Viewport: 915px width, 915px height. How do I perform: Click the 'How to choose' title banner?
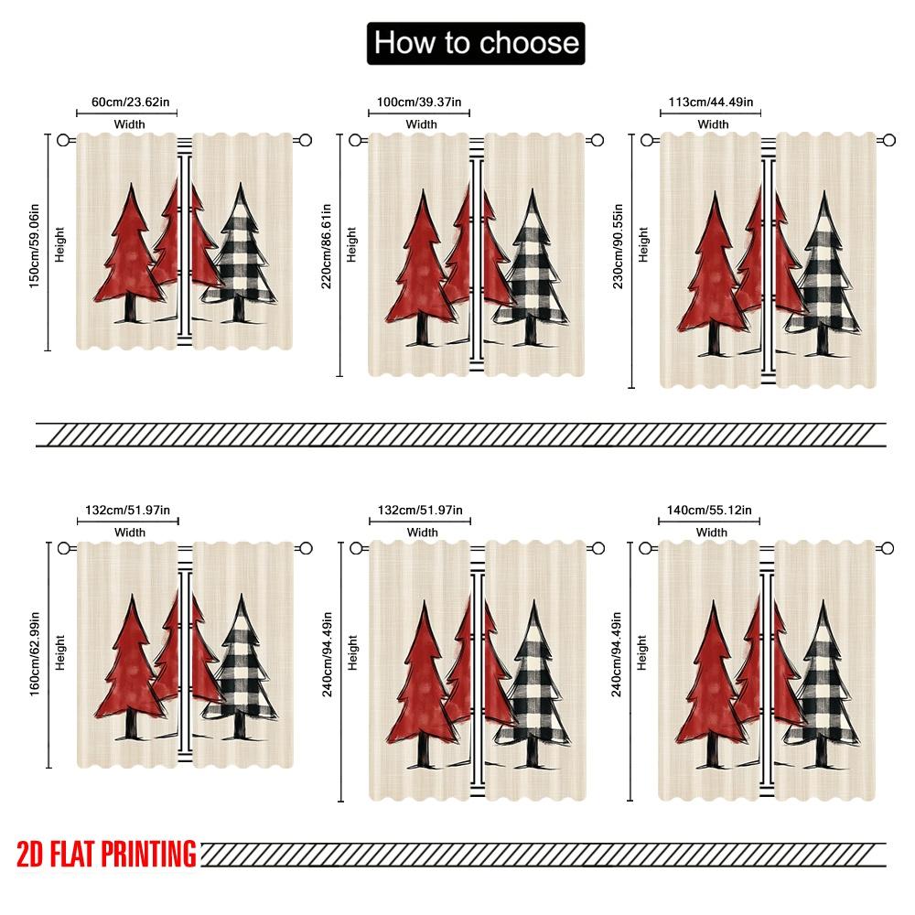click(x=476, y=43)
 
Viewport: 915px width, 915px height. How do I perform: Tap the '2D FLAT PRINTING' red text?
click(x=106, y=854)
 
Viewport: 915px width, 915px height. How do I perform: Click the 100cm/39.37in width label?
click(x=421, y=102)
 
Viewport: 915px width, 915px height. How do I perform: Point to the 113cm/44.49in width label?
click(x=711, y=102)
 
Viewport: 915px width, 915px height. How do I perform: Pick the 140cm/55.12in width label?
click(x=710, y=510)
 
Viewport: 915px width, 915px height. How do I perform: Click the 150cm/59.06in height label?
click(x=35, y=242)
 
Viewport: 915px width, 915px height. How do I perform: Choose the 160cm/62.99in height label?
click(x=35, y=651)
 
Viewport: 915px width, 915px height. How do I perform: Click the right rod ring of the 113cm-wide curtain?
click(x=888, y=140)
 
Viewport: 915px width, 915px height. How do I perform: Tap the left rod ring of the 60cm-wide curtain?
click(x=63, y=140)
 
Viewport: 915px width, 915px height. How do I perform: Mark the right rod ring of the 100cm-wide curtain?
click(x=597, y=140)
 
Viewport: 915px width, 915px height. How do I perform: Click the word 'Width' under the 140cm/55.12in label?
click(x=711, y=533)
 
